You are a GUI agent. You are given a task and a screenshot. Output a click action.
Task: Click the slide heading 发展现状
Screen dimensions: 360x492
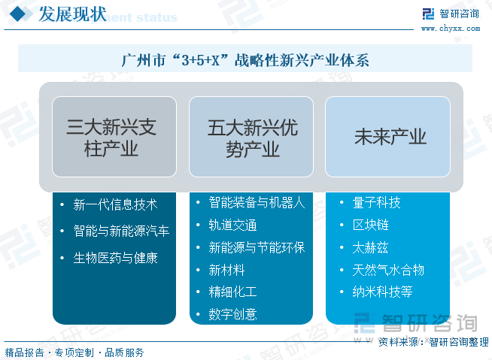coord(72,15)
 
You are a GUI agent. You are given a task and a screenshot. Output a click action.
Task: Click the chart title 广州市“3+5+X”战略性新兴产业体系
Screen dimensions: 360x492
coord(245,60)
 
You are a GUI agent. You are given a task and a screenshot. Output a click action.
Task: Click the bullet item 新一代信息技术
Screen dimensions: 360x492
coord(115,204)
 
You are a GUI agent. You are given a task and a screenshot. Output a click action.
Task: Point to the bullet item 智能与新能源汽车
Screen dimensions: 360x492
coord(121,231)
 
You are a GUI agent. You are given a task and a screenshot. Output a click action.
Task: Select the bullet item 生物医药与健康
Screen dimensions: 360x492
coord(115,258)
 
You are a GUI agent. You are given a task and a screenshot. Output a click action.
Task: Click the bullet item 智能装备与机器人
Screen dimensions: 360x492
coord(256,202)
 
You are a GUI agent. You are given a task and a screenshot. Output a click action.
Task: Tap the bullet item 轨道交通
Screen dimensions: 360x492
coord(232,225)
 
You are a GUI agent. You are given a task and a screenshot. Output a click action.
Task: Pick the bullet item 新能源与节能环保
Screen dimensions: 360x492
coord(256,247)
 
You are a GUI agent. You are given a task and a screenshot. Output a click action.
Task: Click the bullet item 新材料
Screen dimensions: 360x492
coord(226,270)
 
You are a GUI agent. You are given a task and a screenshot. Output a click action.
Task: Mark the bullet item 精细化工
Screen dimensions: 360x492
coord(232,292)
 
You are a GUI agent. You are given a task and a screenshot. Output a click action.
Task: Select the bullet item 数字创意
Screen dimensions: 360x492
coord(232,314)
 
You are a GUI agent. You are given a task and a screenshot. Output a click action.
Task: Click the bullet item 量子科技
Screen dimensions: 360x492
coord(376,202)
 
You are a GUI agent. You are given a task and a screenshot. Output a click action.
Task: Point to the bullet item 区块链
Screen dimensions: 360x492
coord(370,225)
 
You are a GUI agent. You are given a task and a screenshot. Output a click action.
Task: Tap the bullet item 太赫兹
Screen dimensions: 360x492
coord(370,247)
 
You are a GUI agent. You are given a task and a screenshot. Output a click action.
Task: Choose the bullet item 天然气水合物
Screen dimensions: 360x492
coord(388,270)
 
